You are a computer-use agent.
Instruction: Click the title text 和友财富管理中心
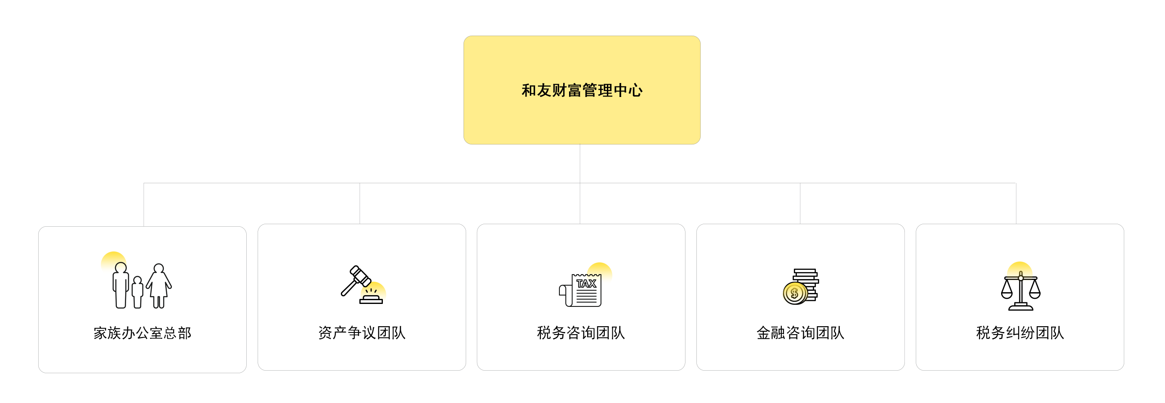582,90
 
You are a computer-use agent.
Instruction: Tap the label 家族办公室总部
142,333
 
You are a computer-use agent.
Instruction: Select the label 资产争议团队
362,333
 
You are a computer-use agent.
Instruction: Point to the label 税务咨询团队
581,333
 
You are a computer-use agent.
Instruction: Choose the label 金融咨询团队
800,333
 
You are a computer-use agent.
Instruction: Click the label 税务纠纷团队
1020,333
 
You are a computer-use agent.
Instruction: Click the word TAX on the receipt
586,284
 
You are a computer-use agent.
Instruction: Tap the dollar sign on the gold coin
794,294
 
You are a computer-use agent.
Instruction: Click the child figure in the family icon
137,292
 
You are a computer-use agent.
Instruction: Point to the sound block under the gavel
371,301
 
